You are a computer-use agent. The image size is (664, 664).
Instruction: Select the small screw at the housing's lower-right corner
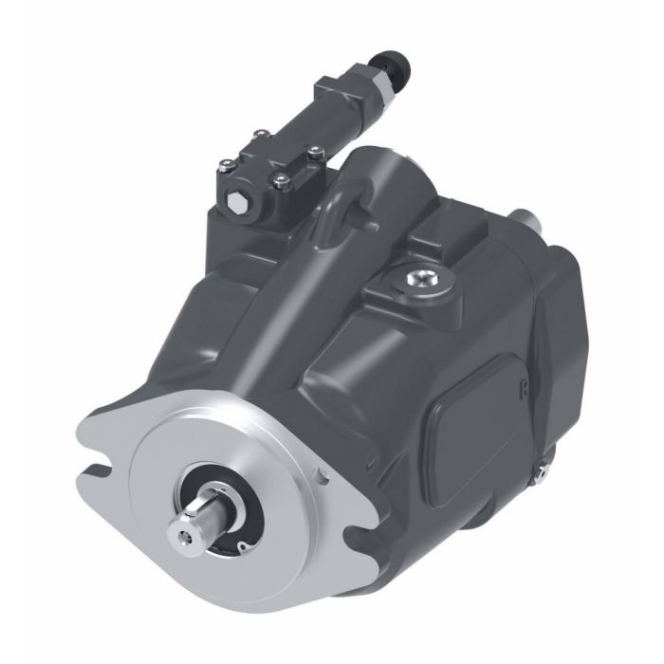click(x=544, y=467)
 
